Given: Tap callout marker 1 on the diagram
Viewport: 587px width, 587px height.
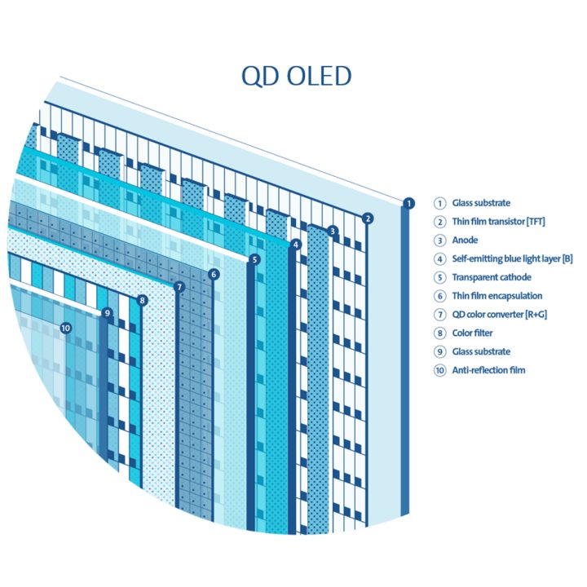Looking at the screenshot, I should (x=409, y=203).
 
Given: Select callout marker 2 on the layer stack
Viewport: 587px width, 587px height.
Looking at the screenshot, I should (x=368, y=218).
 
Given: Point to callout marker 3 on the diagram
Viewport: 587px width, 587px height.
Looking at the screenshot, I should (x=332, y=232).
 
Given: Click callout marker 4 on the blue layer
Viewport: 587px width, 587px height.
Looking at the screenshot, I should (x=295, y=244).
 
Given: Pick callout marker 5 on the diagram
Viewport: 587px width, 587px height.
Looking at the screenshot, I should (x=254, y=259).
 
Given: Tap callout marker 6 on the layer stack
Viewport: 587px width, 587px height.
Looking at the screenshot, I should (x=213, y=274).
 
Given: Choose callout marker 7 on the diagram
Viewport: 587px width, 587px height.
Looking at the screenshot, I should (x=179, y=286).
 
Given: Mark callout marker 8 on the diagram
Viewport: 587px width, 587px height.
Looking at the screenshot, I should (x=143, y=300).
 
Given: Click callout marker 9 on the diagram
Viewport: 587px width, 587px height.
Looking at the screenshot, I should (x=107, y=312).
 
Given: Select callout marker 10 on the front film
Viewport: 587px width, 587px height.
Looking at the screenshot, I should (x=66, y=328).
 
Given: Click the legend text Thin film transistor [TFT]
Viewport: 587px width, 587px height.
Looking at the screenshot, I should (x=499, y=222).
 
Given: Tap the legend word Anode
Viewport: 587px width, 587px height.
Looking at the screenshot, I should (x=465, y=241).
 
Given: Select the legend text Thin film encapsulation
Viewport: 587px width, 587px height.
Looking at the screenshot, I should (x=497, y=296).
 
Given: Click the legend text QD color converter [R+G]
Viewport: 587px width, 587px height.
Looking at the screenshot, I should (x=499, y=315).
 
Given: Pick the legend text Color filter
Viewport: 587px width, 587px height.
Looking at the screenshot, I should (x=472, y=333).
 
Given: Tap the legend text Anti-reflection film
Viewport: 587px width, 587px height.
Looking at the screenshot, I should (x=488, y=370).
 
